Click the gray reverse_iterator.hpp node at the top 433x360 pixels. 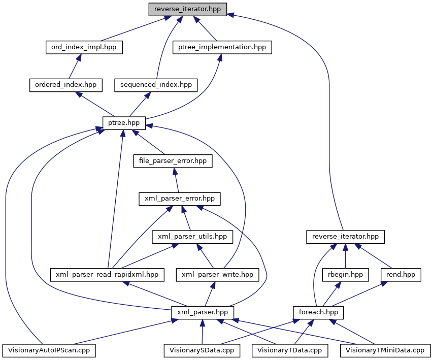(x=187, y=9)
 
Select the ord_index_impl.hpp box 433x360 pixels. (x=84, y=47)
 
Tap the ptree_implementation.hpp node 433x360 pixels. (x=222, y=47)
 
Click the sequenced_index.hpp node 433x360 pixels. (x=156, y=85)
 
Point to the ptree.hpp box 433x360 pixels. (x=124, y=122)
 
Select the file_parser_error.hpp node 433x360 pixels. (x=173, y=161)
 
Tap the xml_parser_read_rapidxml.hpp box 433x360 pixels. (x=108, y=275)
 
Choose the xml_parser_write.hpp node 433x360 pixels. (x=218, y=275)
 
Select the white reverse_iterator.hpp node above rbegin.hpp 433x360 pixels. (x=346, y=236)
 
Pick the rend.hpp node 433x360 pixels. (x=401, y=275)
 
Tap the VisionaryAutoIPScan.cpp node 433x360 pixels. (x=49, y=350)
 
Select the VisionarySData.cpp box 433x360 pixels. (x=202, y=350)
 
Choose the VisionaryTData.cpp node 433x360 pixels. (x=289, y=350)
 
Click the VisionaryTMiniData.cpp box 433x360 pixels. (x=385, y=350)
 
